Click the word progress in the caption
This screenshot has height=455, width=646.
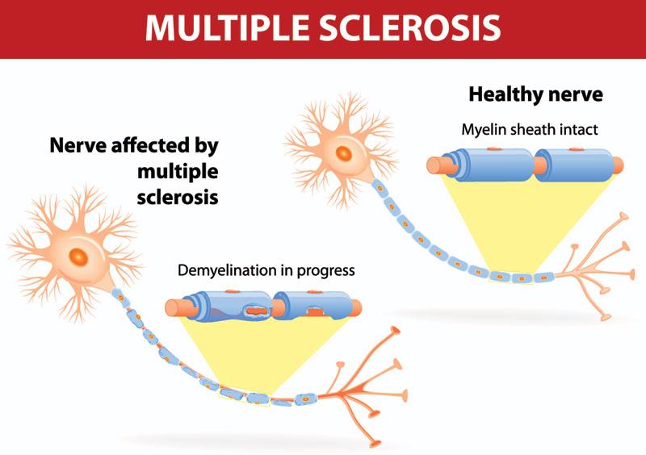pos(328,271)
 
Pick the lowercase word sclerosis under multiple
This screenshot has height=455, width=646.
pos(178,197)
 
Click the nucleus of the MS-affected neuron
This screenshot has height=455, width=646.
pos(78,257)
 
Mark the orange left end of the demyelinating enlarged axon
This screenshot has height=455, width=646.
pos(174,307)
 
